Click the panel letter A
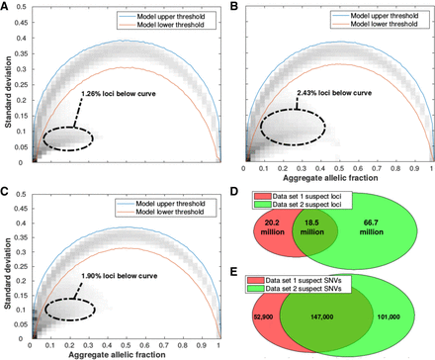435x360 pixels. [6, 7]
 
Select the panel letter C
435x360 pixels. [6, 188]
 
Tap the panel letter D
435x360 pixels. [229, 188]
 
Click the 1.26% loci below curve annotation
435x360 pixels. [117, 95]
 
